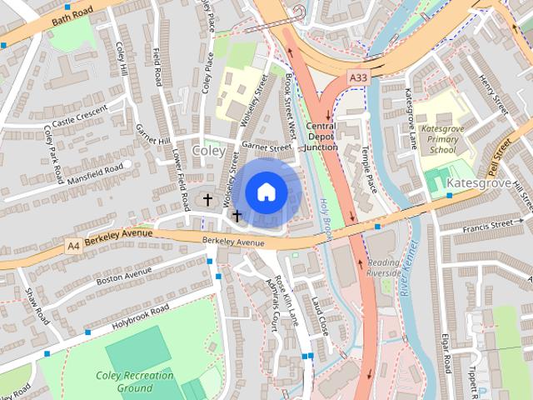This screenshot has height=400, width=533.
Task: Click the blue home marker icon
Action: pyautogui.click(x=265, y=192)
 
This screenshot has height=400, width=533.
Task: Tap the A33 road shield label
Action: pyautogui.click(x=357, y=77)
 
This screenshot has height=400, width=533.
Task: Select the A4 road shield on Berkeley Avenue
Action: pyautogui.click(x=74, y=246)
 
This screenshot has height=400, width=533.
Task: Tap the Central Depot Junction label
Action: pyautogui.click(x=320, y=136)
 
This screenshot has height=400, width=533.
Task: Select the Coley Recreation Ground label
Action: pyautogui.click(x=134, y=382)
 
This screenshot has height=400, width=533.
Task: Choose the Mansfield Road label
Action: pyautogui.click(x=95, y=172)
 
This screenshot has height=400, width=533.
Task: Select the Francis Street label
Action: pyautogui.click(x=489, y=224)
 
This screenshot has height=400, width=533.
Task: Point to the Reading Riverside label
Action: pyautogui.click(x=384, y=267)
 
